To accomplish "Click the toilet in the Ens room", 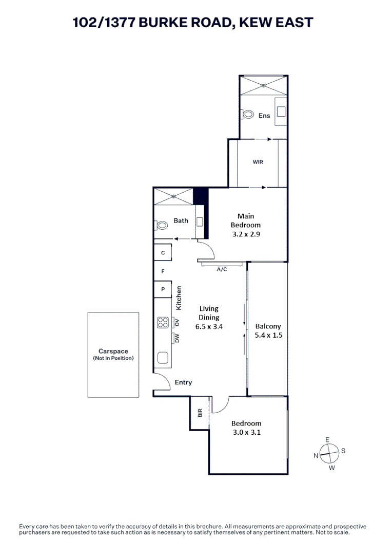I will pos(248,115).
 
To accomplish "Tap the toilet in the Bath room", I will pos(162,225).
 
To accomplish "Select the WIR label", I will pos(258,162).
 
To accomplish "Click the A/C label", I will pos(222,269).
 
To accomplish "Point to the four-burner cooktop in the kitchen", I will pos(163,322).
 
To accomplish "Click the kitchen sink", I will pos(163,358).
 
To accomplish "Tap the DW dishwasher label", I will pos(177,338).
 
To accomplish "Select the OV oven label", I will pos(177,322).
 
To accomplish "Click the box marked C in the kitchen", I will pos(163,252).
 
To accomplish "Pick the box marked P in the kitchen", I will pos(163,289).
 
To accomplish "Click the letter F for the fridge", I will pos(163,270).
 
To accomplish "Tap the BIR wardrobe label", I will pos(200,412).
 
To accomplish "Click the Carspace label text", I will pos(113,351).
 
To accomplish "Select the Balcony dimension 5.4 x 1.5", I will pos(268,335).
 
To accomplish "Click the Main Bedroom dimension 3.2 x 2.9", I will pos(245,233).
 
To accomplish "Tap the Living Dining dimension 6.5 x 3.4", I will pos(209,326).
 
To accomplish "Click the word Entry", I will pos(183,382).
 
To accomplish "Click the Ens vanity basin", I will pos(281,110).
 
